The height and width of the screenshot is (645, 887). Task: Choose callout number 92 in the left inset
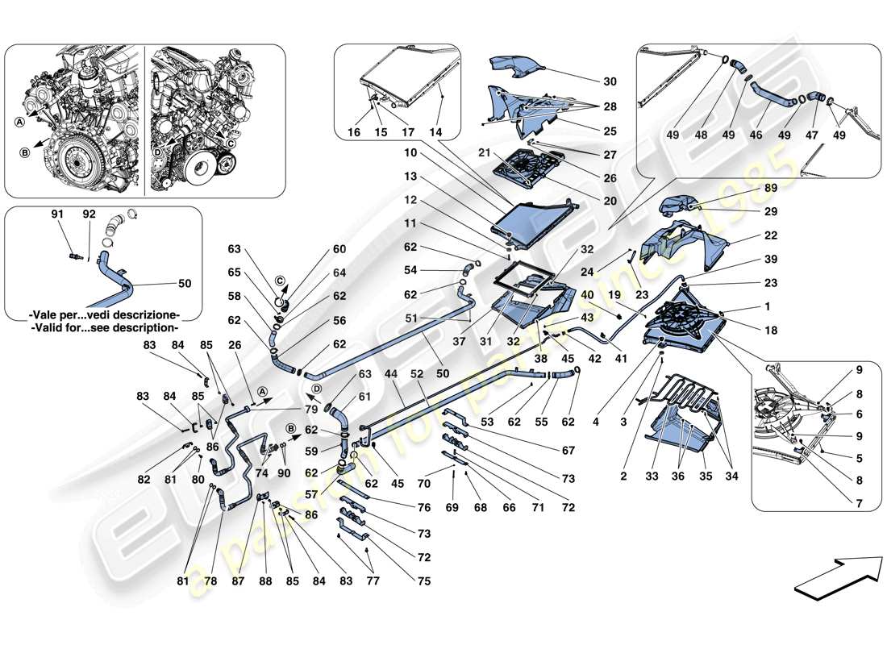coord(89,215)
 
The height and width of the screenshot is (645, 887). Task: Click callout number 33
coord(652,476)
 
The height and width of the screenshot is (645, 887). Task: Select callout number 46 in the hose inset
coord(756,135)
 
